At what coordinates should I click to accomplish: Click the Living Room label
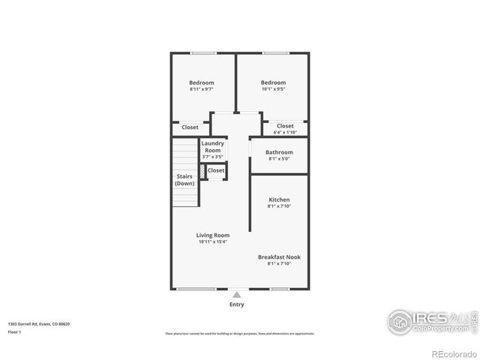pyautogui.click(x=213, y=235)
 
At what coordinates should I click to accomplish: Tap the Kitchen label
pyautogui.click(x=279, y=199)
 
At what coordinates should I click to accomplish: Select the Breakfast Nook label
pyautogui.click(x=279, y=256)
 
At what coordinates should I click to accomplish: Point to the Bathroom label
pyautogui.click(x=279, y=152)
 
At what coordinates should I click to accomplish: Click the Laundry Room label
pyautogui.click(x=213, y=146)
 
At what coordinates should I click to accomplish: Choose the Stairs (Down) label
pyautogui.click(x=184, y=180)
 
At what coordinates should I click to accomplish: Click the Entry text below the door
pyautogui.click(x=236, y=304)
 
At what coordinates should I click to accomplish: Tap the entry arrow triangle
pyautogui.click(x=237, y=295)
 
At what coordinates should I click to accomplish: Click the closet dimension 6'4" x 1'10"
pyautogui.click(x=285, y=133)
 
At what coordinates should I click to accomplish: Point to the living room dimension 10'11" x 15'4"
pyautogui.click(x=213, y=241)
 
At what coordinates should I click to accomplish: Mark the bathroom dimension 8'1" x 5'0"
pyautogui.click(x=279, y=159)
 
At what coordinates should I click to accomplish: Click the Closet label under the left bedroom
pyautogui.click(x=190, y=127)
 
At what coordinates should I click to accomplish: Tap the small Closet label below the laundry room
pyautogui.click(x=216, y=170)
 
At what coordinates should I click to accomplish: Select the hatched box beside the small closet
pyautogui.click(x=202, y=171)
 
